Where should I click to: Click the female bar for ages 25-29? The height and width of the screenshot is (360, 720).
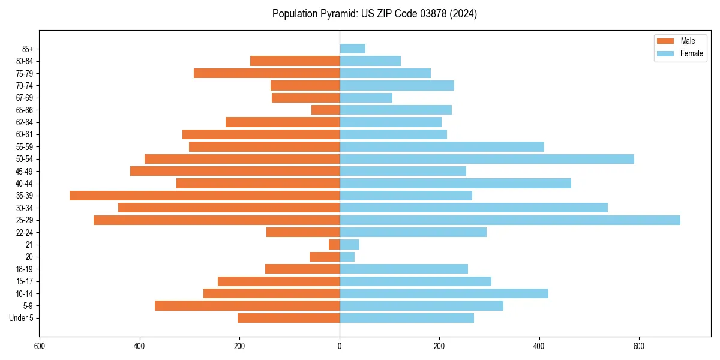tap(510, 220)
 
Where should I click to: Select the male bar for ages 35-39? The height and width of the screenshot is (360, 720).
tap(205, 196)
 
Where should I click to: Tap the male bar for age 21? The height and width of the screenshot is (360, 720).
tap(334, 244)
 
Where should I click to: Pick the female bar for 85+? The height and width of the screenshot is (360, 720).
tap(353, 49)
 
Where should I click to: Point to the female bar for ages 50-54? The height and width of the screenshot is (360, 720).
tap(487, 159)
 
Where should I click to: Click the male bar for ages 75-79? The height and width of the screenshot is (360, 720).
tap(266, 73)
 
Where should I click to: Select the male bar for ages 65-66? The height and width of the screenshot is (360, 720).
tap(326, 110)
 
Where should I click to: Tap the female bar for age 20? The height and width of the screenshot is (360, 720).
tap(347, 257)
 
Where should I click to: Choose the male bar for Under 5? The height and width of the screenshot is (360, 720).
tap(289, 318)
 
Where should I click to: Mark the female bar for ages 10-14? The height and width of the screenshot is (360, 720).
tap(444, 293)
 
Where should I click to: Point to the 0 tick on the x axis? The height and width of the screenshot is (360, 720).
tap(340, 346)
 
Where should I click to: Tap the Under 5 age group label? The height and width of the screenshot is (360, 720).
tap(21, 318)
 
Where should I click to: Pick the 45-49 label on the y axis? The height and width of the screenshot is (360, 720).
tap(24, 171)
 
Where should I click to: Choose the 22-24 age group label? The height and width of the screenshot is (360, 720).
tap(24, 232)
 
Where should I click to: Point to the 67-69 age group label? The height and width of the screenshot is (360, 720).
tap(24, 98)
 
